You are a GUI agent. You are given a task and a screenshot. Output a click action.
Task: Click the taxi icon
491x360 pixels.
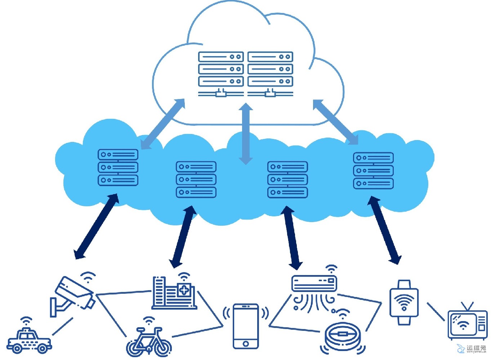coord(29,340)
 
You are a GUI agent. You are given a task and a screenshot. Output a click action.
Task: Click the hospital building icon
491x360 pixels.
coord(175,293)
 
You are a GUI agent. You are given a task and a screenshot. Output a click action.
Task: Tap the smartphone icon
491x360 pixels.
coord(246,326)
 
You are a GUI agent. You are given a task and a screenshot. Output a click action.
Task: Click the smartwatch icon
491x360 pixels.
coord(404,302)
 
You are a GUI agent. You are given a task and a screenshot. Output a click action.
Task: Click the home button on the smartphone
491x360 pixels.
coord(246,343)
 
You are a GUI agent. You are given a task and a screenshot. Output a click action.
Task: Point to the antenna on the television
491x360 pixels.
coord(467,306)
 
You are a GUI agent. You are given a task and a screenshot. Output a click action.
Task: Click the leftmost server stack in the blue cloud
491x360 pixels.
coord(118,167)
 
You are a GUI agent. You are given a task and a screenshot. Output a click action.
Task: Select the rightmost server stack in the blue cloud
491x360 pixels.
coord(373,171)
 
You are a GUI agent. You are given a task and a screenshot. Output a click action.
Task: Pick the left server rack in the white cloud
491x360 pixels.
coord(221,74)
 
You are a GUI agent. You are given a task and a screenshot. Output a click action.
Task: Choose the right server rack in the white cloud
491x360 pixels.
coord(270,74)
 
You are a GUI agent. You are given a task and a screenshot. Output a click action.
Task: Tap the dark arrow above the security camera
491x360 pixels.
coord(96,226)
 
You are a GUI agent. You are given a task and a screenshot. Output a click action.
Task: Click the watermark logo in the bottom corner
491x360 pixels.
coord(472,348)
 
